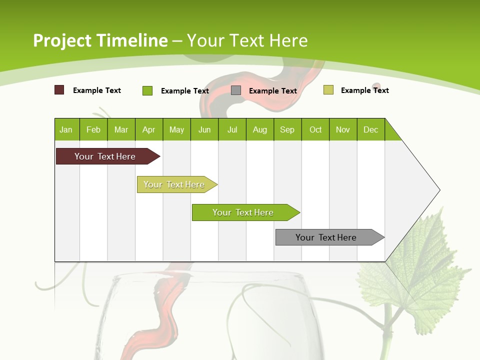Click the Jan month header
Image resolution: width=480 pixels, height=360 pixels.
coord(66,129)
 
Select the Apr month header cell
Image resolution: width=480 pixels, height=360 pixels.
coord(149,129)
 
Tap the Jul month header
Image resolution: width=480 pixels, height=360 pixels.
coord(232,129)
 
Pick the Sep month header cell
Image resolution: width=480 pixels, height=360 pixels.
coord(287,129)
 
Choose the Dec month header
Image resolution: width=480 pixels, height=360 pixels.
coord(371,129)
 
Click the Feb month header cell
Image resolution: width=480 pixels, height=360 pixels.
coord(93,129)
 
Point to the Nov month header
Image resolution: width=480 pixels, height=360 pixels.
coord(343,129)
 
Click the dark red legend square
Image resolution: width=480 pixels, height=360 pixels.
coord(59,90)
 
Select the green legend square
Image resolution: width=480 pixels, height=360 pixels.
coord(147,90)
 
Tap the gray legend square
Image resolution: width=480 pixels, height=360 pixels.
coord(236,90)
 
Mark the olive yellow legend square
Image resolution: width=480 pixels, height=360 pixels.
coord(328,90)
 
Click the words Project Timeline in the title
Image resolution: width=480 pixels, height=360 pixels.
coord(100,40)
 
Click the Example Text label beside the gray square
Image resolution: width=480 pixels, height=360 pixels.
coord(273,91)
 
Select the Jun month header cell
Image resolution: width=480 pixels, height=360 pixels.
coord(204,129)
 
